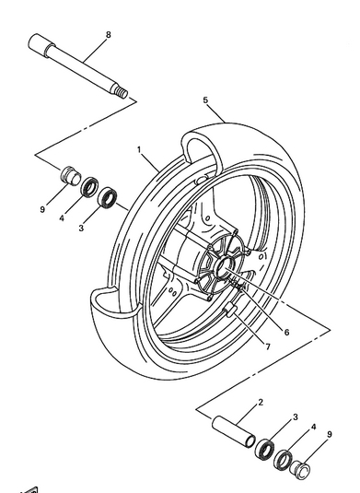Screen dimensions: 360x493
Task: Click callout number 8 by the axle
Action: tap(109, 35)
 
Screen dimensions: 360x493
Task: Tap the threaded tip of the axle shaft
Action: tap(121, 92)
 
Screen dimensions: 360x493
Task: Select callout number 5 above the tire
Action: tap(205, 100)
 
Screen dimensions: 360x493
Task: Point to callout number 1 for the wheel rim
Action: tap(139, 149)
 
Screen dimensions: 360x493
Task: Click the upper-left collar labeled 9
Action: tap(71, 176)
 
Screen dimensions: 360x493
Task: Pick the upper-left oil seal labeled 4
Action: tap(90, 187)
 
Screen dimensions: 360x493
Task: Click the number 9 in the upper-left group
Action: tap(42, 209)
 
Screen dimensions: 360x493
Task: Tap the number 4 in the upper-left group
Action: tap(62, 218)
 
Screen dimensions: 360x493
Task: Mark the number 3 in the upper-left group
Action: tap(81, 228)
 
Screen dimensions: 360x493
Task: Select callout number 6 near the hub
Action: tap(286, 332)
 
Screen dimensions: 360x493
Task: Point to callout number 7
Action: tap(268, 346)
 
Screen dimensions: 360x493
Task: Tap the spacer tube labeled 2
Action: tap(234, 431)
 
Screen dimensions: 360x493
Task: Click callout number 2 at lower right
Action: tap(261, 402)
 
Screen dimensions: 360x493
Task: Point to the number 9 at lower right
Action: tap(330, 434)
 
